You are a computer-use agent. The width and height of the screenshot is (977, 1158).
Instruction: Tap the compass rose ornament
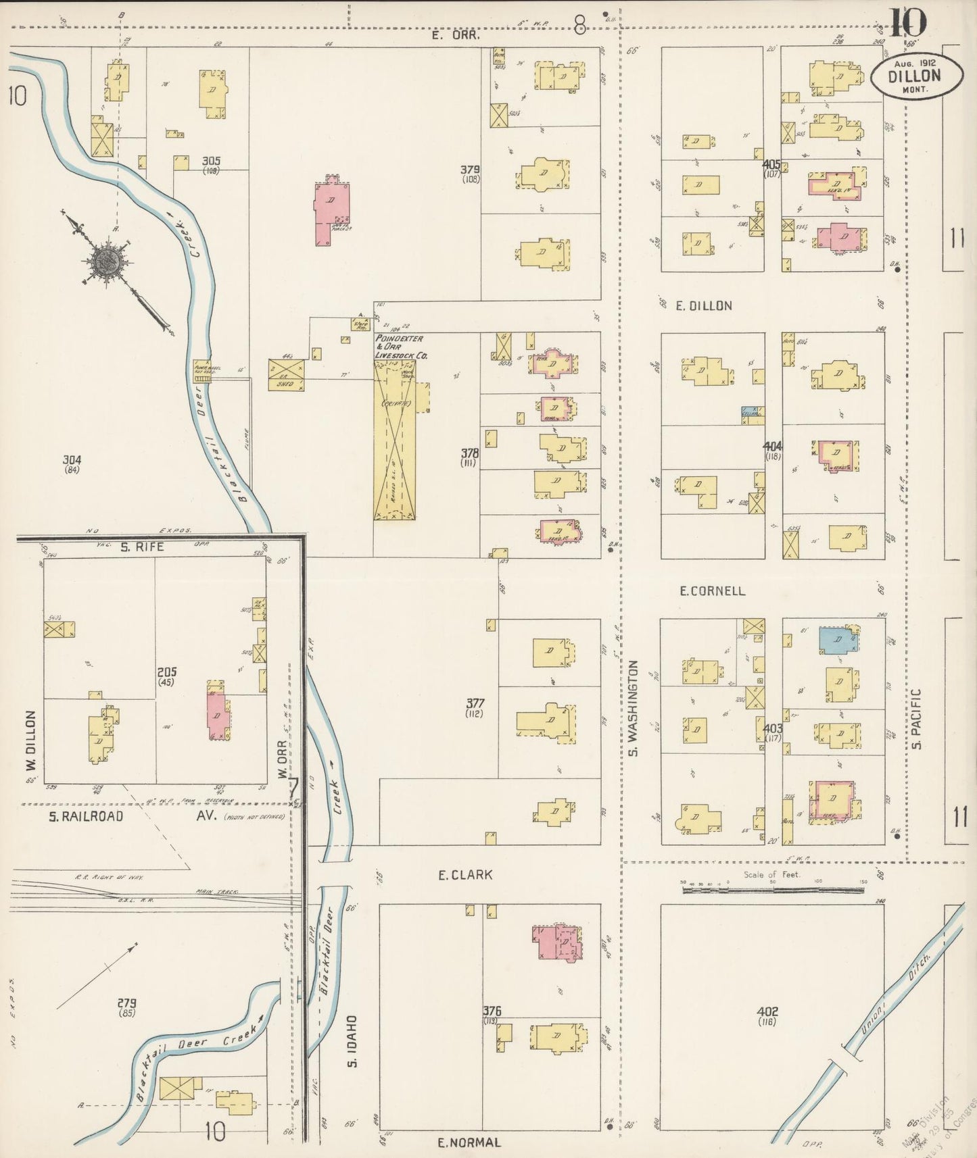[107, 259]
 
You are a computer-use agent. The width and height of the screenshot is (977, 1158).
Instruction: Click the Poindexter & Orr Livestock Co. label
[404, 346]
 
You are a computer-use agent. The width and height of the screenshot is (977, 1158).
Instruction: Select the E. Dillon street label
[704, 306]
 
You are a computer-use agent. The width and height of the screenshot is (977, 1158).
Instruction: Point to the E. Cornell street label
[712, 591]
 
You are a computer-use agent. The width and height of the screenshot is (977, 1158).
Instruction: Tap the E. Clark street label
[465, 875]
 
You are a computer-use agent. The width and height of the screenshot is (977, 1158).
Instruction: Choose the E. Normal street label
[469, 1143]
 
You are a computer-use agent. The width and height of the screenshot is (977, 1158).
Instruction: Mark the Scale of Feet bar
[772, 890]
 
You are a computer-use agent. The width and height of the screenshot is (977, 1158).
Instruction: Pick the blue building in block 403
[837, 640]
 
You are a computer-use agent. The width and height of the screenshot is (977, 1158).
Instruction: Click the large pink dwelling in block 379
[330, 211]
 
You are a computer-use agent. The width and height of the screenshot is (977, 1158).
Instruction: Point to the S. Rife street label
[142, 547]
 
